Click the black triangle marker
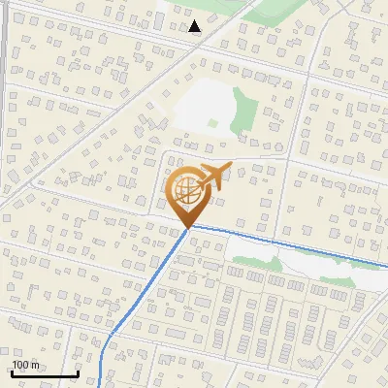pyautogui.click(x=195, y=26)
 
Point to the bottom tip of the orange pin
pyautogui.click(x=186, y=229)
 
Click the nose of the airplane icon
pyautogui.click(x=228, y=169)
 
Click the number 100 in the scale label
pyautogui.click(x=21, y=365)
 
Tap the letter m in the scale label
pyautogui.click(x=35, y=365)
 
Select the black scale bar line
pyautogui.click(x=45, y=373)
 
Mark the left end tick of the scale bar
pyautogui.click(x=12, y=372)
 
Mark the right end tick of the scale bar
pyautogui.click(x=78, y=372)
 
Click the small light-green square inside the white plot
pyautogui.click(x=213, y=123)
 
